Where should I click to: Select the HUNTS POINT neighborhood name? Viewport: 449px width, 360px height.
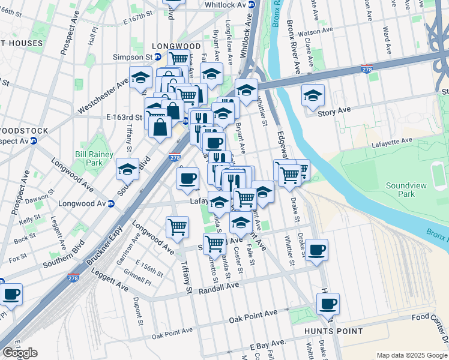(x=333, y=331)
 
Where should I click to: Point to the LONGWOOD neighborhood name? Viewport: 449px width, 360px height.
(x=176, y=46)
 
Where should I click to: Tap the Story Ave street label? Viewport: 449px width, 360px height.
(x=334, y=111)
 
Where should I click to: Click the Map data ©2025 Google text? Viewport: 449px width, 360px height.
(x=412, y=355)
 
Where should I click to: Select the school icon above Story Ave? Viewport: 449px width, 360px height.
(x=312, y=95)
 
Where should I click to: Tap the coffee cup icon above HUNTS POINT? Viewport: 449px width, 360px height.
(x=328, y=304)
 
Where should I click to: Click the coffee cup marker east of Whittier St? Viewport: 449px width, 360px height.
(x=316, y=249)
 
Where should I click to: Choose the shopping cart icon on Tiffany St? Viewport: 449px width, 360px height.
(x=178, y=226)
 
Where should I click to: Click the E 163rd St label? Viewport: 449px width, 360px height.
(x=124, y=116)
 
